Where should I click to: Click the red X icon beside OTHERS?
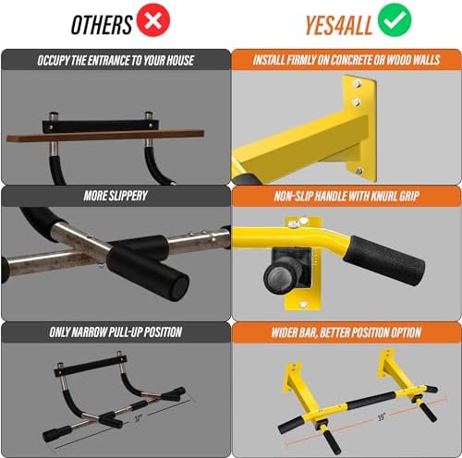tap(153, 20)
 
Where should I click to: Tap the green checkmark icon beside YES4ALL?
tap(395, 20)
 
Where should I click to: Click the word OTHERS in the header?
tap(102, 25)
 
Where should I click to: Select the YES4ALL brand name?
tap(338, 25)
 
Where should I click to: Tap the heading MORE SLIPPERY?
tap(115, 196)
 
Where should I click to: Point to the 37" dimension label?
tap(139, 418)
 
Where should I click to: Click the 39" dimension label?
tap(382, 417)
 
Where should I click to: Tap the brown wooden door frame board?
tap(105, 136)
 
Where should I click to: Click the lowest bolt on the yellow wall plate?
tap(359, 171)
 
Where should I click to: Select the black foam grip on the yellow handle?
tap(384, 260)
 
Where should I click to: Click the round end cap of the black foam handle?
tap(178, 285)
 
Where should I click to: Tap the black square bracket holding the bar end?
tap(291, 268)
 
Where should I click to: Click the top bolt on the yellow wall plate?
tap(358, 83)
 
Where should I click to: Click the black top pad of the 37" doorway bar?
tap(91, 367)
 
